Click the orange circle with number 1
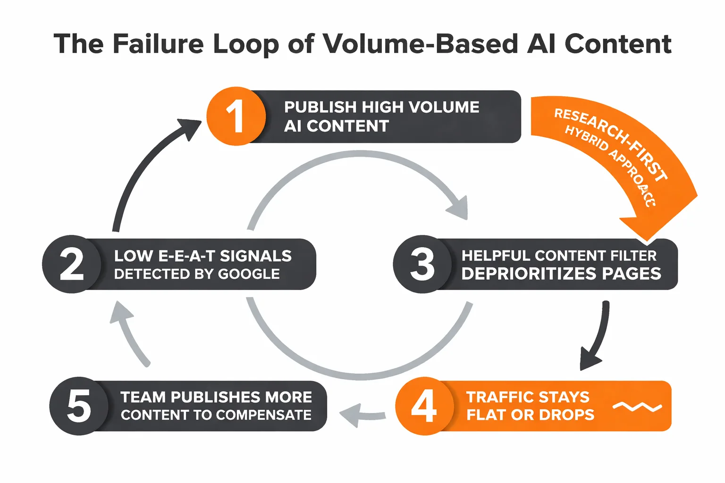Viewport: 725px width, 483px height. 236,116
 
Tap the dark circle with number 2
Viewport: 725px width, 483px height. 71,264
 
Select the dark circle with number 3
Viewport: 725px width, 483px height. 422,264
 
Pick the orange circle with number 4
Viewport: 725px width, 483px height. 424,406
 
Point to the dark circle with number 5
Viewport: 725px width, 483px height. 78,406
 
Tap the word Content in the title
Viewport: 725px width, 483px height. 617,44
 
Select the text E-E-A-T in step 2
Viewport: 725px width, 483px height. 186,256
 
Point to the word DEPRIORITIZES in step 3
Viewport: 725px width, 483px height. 528,274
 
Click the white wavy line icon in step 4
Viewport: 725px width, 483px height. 637,407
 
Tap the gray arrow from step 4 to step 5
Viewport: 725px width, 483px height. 361,415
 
